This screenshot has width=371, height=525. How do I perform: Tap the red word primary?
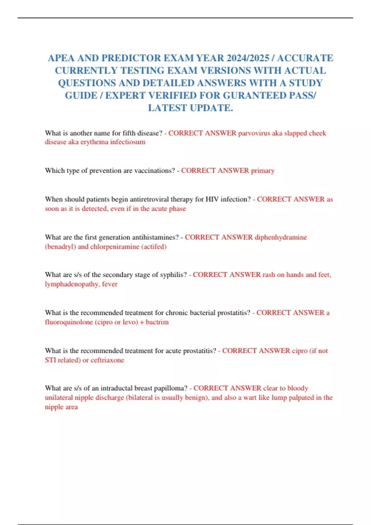262,171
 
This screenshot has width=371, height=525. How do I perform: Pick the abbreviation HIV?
212,199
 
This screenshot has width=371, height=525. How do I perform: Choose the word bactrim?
157,322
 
